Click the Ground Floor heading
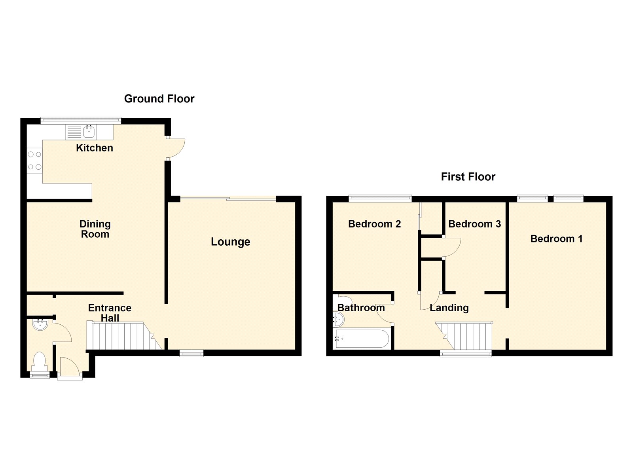tap(159, 98)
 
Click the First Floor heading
tap(468, 176)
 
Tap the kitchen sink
tap(89, 132)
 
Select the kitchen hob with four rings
tap(34, 161)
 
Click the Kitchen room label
tap(95, 148)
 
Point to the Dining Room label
tap(95, 229)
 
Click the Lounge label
tap(230, 242)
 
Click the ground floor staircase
tap(119, 336)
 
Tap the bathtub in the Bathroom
tap(362, 339)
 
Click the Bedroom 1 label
tap(556, 239)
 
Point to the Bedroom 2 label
tap(374, 224)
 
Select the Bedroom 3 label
tap(474, 224)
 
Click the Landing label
tap(449, 308)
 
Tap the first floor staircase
tap(467, 336)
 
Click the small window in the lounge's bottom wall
tap(191, 353)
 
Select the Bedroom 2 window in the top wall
tap(380, 198)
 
